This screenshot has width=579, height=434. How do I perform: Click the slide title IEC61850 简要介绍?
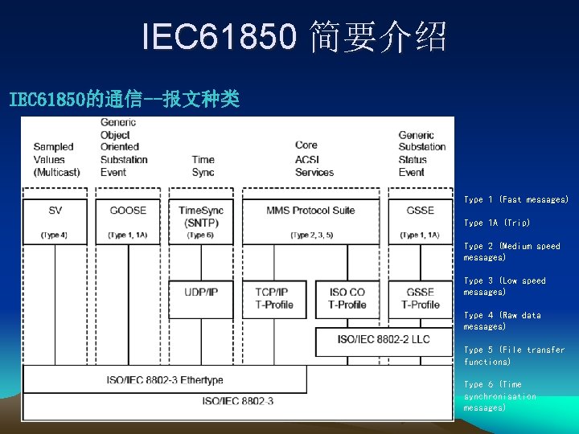coord(294,37)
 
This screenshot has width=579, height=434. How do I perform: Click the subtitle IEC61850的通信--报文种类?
coord(124,100)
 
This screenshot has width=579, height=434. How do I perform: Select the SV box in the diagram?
coord(55,219)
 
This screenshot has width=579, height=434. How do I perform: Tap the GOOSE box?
coord(128,219)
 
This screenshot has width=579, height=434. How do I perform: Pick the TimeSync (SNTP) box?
coord(201,219)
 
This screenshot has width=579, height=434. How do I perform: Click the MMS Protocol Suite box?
coord(310,219)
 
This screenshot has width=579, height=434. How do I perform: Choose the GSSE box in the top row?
coord(420,219)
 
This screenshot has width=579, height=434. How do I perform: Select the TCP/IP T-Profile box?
coord(271,298)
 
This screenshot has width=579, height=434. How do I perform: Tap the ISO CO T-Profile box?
coord(347,298)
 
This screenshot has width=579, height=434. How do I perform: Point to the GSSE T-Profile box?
coord(420,298)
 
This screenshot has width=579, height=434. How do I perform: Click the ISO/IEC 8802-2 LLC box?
coord(384,340)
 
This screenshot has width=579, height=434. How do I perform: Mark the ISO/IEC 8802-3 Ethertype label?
coord(165,379)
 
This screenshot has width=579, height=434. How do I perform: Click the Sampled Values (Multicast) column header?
coord(54,159)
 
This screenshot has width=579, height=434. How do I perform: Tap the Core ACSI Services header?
coord(314,159)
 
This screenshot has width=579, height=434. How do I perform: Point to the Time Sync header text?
coord(203,166)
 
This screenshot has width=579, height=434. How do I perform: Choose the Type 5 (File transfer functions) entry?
coord(514,355)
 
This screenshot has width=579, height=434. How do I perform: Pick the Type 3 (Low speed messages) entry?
coord(504,286)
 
